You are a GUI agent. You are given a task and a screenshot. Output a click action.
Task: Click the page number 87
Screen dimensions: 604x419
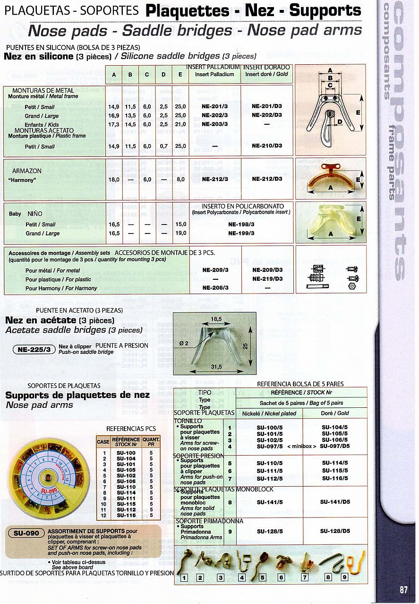click(x=403, y=589)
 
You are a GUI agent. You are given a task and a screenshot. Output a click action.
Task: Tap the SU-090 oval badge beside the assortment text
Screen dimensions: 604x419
click(x=26, y=533)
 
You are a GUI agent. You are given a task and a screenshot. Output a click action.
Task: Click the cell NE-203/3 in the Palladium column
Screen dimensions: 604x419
click(x=214, y=124)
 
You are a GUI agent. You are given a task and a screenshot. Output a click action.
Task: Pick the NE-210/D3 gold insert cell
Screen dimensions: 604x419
click(x=267, y=146)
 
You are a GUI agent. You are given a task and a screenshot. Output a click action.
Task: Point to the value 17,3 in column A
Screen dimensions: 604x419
click(x=114, y=124)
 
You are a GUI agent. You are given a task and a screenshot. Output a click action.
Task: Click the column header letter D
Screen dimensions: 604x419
click(x=163, y=75)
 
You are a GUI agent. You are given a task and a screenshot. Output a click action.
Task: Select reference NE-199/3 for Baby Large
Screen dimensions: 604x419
click(x=241, y=233)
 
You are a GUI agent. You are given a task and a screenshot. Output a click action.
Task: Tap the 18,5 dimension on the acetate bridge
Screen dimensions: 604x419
click(x=216, y=319)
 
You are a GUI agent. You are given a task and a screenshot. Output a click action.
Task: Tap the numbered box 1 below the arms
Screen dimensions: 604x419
click(x=185, y=577)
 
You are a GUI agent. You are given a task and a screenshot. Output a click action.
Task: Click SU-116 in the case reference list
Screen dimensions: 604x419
click(x=126, y=515)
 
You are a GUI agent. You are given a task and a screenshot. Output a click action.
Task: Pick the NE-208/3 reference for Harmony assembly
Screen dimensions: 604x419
click(x=214, y=287)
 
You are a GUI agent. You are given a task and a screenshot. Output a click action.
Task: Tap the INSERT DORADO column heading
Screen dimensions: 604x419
click(x=267, y=68)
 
